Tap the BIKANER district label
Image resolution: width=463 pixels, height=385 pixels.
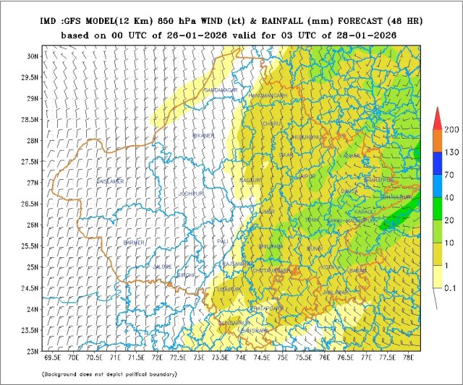click(204, 135)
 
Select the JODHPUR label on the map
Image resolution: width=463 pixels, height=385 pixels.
click(192, 194)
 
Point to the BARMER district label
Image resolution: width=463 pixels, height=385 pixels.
click(135, 242)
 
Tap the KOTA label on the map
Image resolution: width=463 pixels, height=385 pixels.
click(329, 267)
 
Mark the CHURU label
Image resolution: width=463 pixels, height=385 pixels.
click(271, 124)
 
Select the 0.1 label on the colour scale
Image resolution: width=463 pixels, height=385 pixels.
click(449, 287)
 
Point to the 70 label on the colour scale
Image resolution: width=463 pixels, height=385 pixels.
click(449, 174)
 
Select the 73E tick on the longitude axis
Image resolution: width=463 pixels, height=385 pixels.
click(199, 356)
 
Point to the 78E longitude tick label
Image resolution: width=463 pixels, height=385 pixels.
click(410, 356)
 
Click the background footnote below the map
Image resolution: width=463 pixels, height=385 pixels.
click(109, 374)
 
